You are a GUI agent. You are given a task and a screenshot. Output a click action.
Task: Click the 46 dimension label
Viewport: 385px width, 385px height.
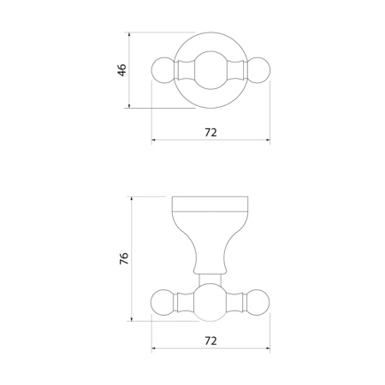[x=121, y=70]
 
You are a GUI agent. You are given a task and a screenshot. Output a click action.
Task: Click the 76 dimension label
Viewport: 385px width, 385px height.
[x=124, y=258]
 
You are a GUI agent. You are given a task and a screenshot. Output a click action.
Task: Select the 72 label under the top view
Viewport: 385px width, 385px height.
[x=210, y=133]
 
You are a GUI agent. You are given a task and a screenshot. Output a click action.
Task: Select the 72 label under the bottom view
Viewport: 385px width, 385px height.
[x=210, y=341]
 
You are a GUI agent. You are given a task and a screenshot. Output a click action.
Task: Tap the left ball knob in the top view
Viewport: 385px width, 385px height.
[x=163, y=70]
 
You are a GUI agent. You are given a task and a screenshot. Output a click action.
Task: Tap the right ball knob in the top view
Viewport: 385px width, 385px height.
[x=258, y=70]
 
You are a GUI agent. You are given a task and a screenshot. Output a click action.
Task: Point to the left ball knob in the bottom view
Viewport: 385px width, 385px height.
[x=163, y=302]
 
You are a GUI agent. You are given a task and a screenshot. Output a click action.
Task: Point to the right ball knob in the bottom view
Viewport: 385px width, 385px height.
[x=258, y=302]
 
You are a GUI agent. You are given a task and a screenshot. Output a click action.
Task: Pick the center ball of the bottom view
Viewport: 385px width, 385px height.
[x=210, y=302]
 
